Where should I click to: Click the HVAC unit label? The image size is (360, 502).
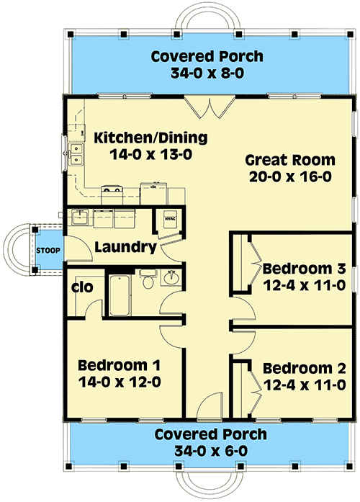[169, 219]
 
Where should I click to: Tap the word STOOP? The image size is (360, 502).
[48, 251]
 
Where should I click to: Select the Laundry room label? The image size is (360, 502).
[126, 248]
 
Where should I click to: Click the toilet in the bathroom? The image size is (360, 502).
[148, 279]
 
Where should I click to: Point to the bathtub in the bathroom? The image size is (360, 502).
[120, 295]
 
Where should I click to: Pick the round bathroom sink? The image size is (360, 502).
[172, 277]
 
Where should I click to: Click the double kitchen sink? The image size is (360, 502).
[76, 153]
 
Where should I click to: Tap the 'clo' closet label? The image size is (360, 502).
[82, 287]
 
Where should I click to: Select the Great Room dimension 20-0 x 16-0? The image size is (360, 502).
[290, 176]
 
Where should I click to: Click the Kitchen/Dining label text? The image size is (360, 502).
[150, 138]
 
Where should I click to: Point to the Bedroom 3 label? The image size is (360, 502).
[305, 269]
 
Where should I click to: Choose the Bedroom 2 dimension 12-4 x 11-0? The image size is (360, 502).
[305, 385]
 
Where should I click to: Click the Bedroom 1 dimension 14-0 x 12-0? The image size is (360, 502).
[120, 382]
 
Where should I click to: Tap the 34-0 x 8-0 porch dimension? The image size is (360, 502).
[207, 73]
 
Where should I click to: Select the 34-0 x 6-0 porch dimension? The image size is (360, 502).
[211, 452]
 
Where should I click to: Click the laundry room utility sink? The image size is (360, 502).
[80, 217]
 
